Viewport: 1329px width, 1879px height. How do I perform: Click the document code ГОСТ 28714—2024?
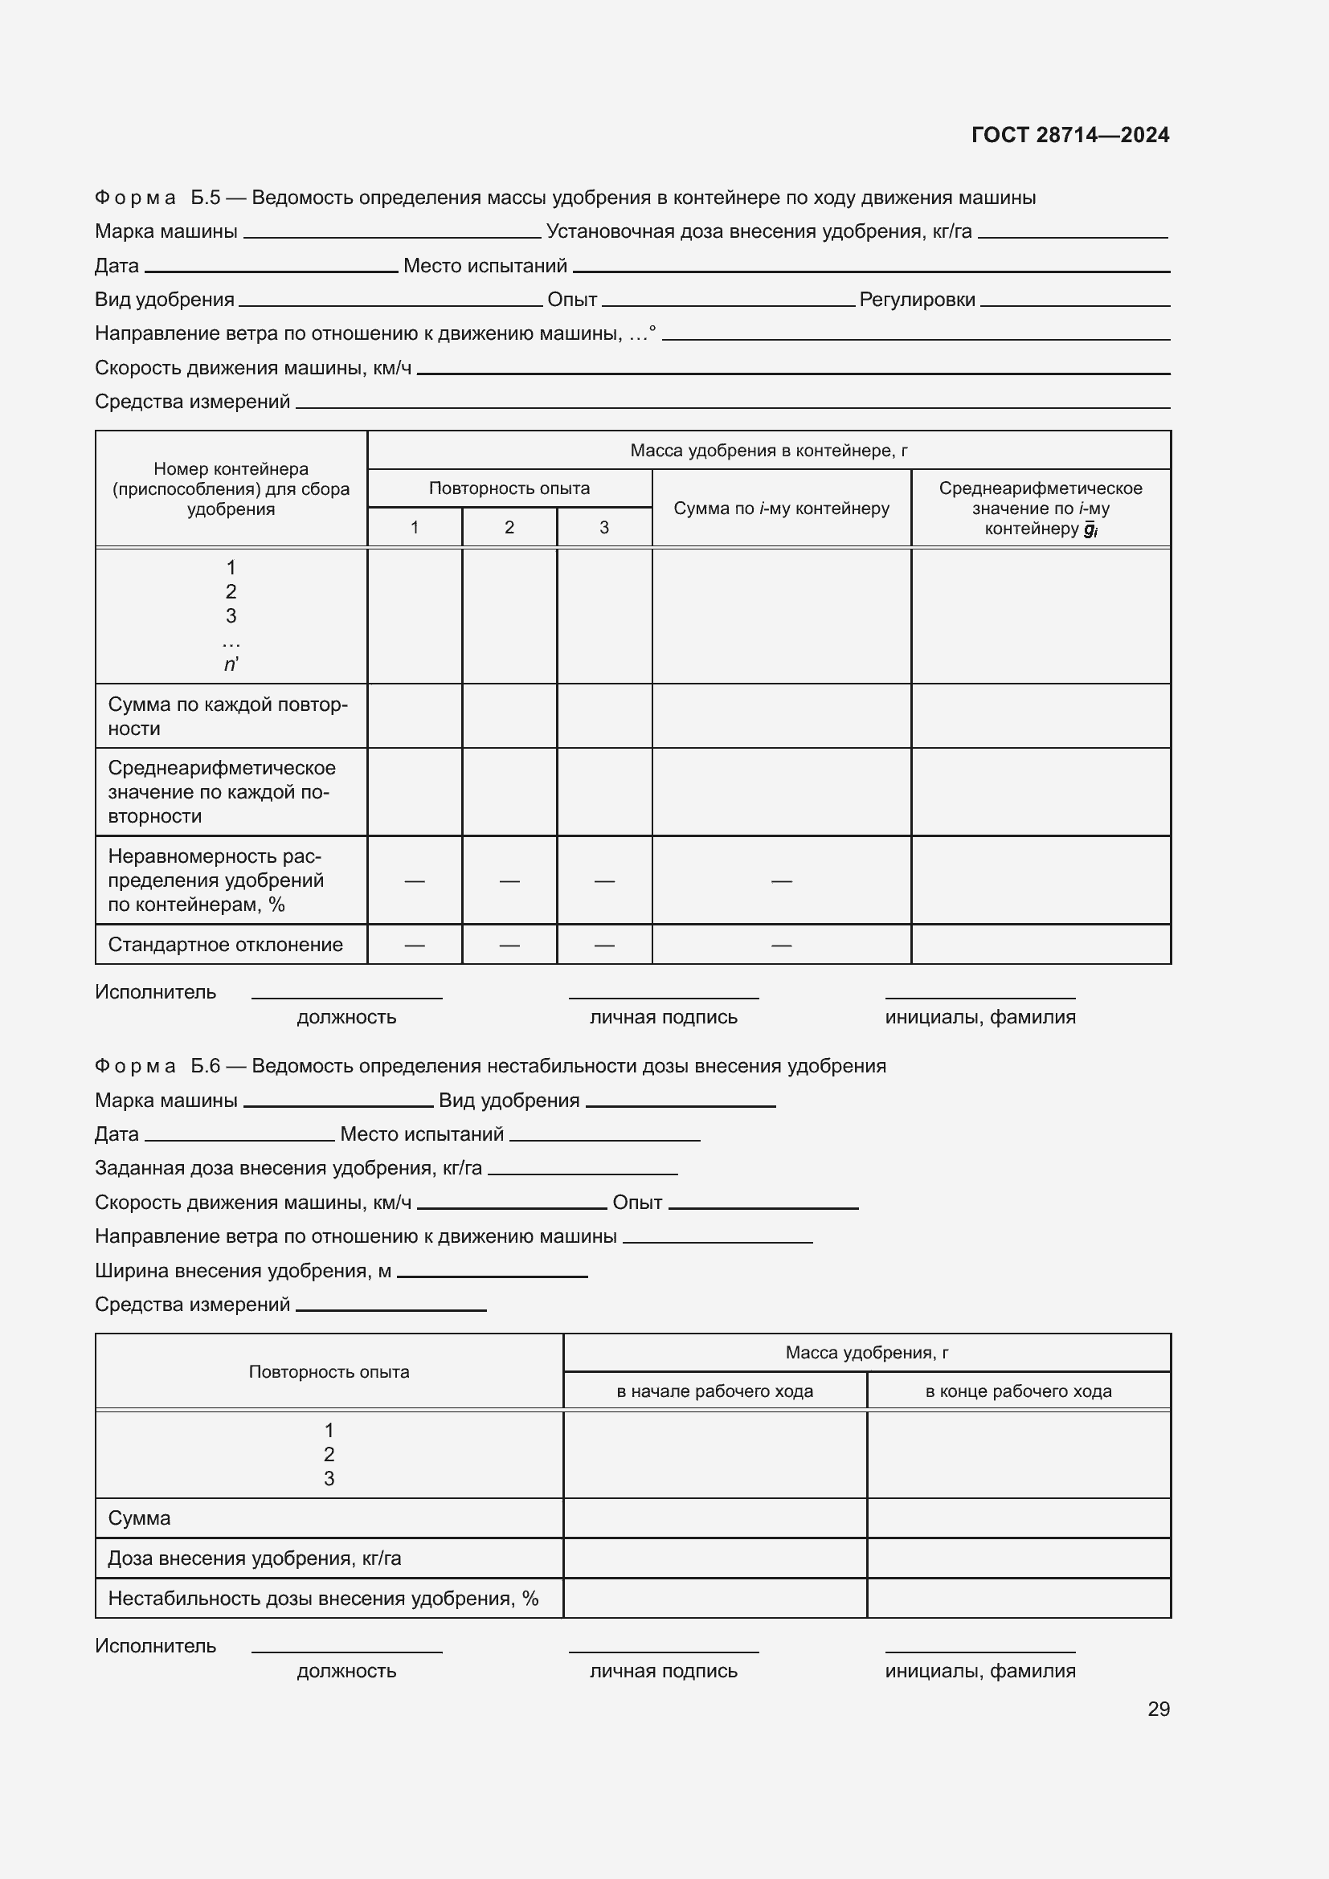point(1069,135)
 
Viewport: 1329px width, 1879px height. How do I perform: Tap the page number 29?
point(1158,1709)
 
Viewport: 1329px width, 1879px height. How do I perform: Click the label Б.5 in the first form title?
point(206,198)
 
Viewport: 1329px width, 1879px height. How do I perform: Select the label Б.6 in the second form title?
point(206,1065)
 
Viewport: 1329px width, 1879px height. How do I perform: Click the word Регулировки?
point(917,300)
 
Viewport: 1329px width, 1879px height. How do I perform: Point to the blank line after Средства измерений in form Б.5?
point(732,405)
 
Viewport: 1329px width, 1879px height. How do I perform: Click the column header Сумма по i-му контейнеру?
point(781,509)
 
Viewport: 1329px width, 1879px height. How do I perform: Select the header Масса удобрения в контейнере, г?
point(768,450)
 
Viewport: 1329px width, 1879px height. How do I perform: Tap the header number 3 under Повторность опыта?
point(604,528)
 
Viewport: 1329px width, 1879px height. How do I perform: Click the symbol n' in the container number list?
point(231,664)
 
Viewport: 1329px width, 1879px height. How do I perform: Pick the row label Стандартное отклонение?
point(225,945)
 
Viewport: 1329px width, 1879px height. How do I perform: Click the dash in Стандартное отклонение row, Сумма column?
point(781,946)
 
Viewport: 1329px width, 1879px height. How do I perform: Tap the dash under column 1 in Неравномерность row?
point(414,880)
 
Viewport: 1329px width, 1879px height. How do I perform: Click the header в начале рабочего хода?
point(714,1391)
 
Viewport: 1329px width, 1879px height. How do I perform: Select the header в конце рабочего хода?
point(1018,1391)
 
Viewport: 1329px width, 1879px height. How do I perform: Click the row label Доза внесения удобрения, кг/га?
point(255,1558)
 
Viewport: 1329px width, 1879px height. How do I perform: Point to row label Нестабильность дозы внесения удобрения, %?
point(322,1599)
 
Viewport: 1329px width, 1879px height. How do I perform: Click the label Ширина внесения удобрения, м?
point(243,1270)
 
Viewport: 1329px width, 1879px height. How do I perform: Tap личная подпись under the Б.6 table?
point(663,1670)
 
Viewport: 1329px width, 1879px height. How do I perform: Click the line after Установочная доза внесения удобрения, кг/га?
point(1072,235)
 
